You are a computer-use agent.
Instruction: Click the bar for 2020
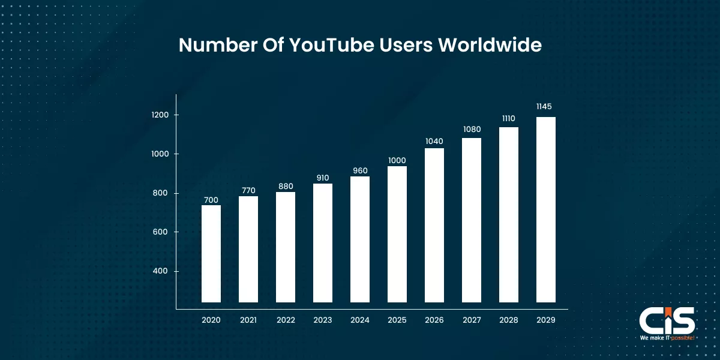pyautogui.click(x=211, y=254)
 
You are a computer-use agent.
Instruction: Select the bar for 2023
pyautogui.click(x=323, y=243)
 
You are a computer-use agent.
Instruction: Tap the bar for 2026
pyautogui.click(x=434, y=225)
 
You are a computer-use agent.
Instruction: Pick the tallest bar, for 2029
pyautogui.click(x=546, y=209)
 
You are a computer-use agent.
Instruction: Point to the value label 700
pyautogui.click(x=211, y=200)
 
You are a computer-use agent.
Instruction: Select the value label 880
pyautogui.click(x=286, y=186)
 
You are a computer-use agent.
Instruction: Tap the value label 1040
pyautogui.click(x=434, y=142)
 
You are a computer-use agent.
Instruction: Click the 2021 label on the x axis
pyautogui.click(x=248, y=320)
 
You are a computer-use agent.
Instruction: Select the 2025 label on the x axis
pyautogui.click(x=397, y=320)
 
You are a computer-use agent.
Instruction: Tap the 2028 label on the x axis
pyautogui.click(x=509, y=320)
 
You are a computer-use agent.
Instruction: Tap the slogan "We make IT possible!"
pyautogui.click(x=667, y=338)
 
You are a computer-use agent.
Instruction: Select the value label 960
pyautogui.click(x=360, y=171)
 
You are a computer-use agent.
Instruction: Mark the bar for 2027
pyautogui.click(x=472, y=220)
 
